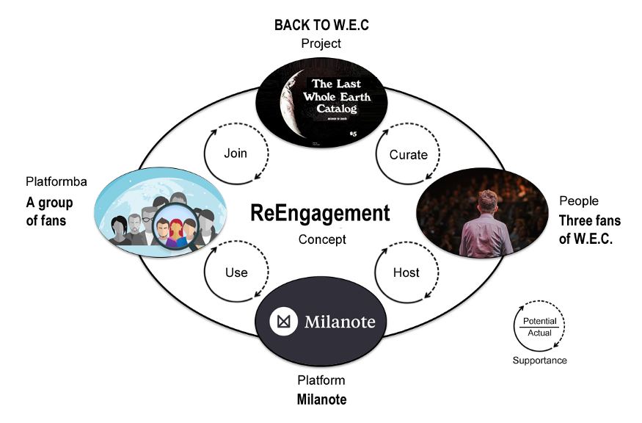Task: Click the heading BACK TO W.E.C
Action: point(321,25)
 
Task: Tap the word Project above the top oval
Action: point(321,43)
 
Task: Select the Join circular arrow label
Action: point(236,153)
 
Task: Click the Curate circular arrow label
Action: point(408,154)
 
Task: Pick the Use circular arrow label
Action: point(236,272)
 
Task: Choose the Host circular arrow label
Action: point(406,272)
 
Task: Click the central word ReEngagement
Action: point(321,213)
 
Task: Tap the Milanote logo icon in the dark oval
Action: point(283,322)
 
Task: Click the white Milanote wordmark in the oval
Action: point(339,322)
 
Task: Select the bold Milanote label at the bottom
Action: point(321,399)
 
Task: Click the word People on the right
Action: point(579,200)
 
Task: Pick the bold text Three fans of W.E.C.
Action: point(589,229)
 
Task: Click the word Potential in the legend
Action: point(539,322)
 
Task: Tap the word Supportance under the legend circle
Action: point(539,361)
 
